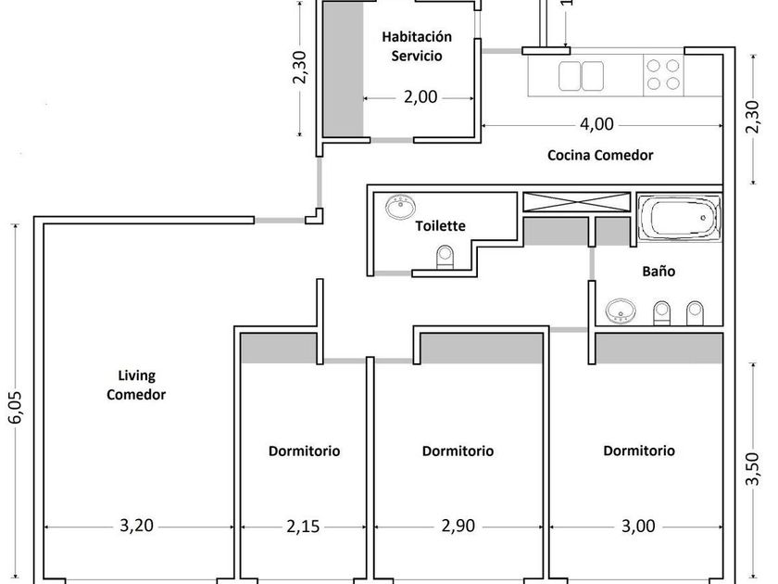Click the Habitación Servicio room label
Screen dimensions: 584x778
coord(417,46)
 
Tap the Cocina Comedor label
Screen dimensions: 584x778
coord(600,156)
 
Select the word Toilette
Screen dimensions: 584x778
coord(440,225)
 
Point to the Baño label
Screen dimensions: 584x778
coord(659,273)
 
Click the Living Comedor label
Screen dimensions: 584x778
coord(136,386)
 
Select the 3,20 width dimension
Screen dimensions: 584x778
coord(137,527)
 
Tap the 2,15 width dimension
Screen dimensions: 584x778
coord(302,527)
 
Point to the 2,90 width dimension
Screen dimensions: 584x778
coord(458,527)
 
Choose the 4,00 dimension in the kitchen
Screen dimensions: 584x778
coord(596,123)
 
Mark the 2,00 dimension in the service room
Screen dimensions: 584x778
coord(420,97)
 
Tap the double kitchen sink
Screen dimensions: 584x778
coord(583,75)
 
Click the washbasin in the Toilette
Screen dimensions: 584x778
coord(401,206)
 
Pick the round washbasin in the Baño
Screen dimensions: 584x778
coord(620,312)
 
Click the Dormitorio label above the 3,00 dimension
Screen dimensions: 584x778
coord(639,451)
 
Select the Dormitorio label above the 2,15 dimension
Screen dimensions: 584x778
coord(304,451)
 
